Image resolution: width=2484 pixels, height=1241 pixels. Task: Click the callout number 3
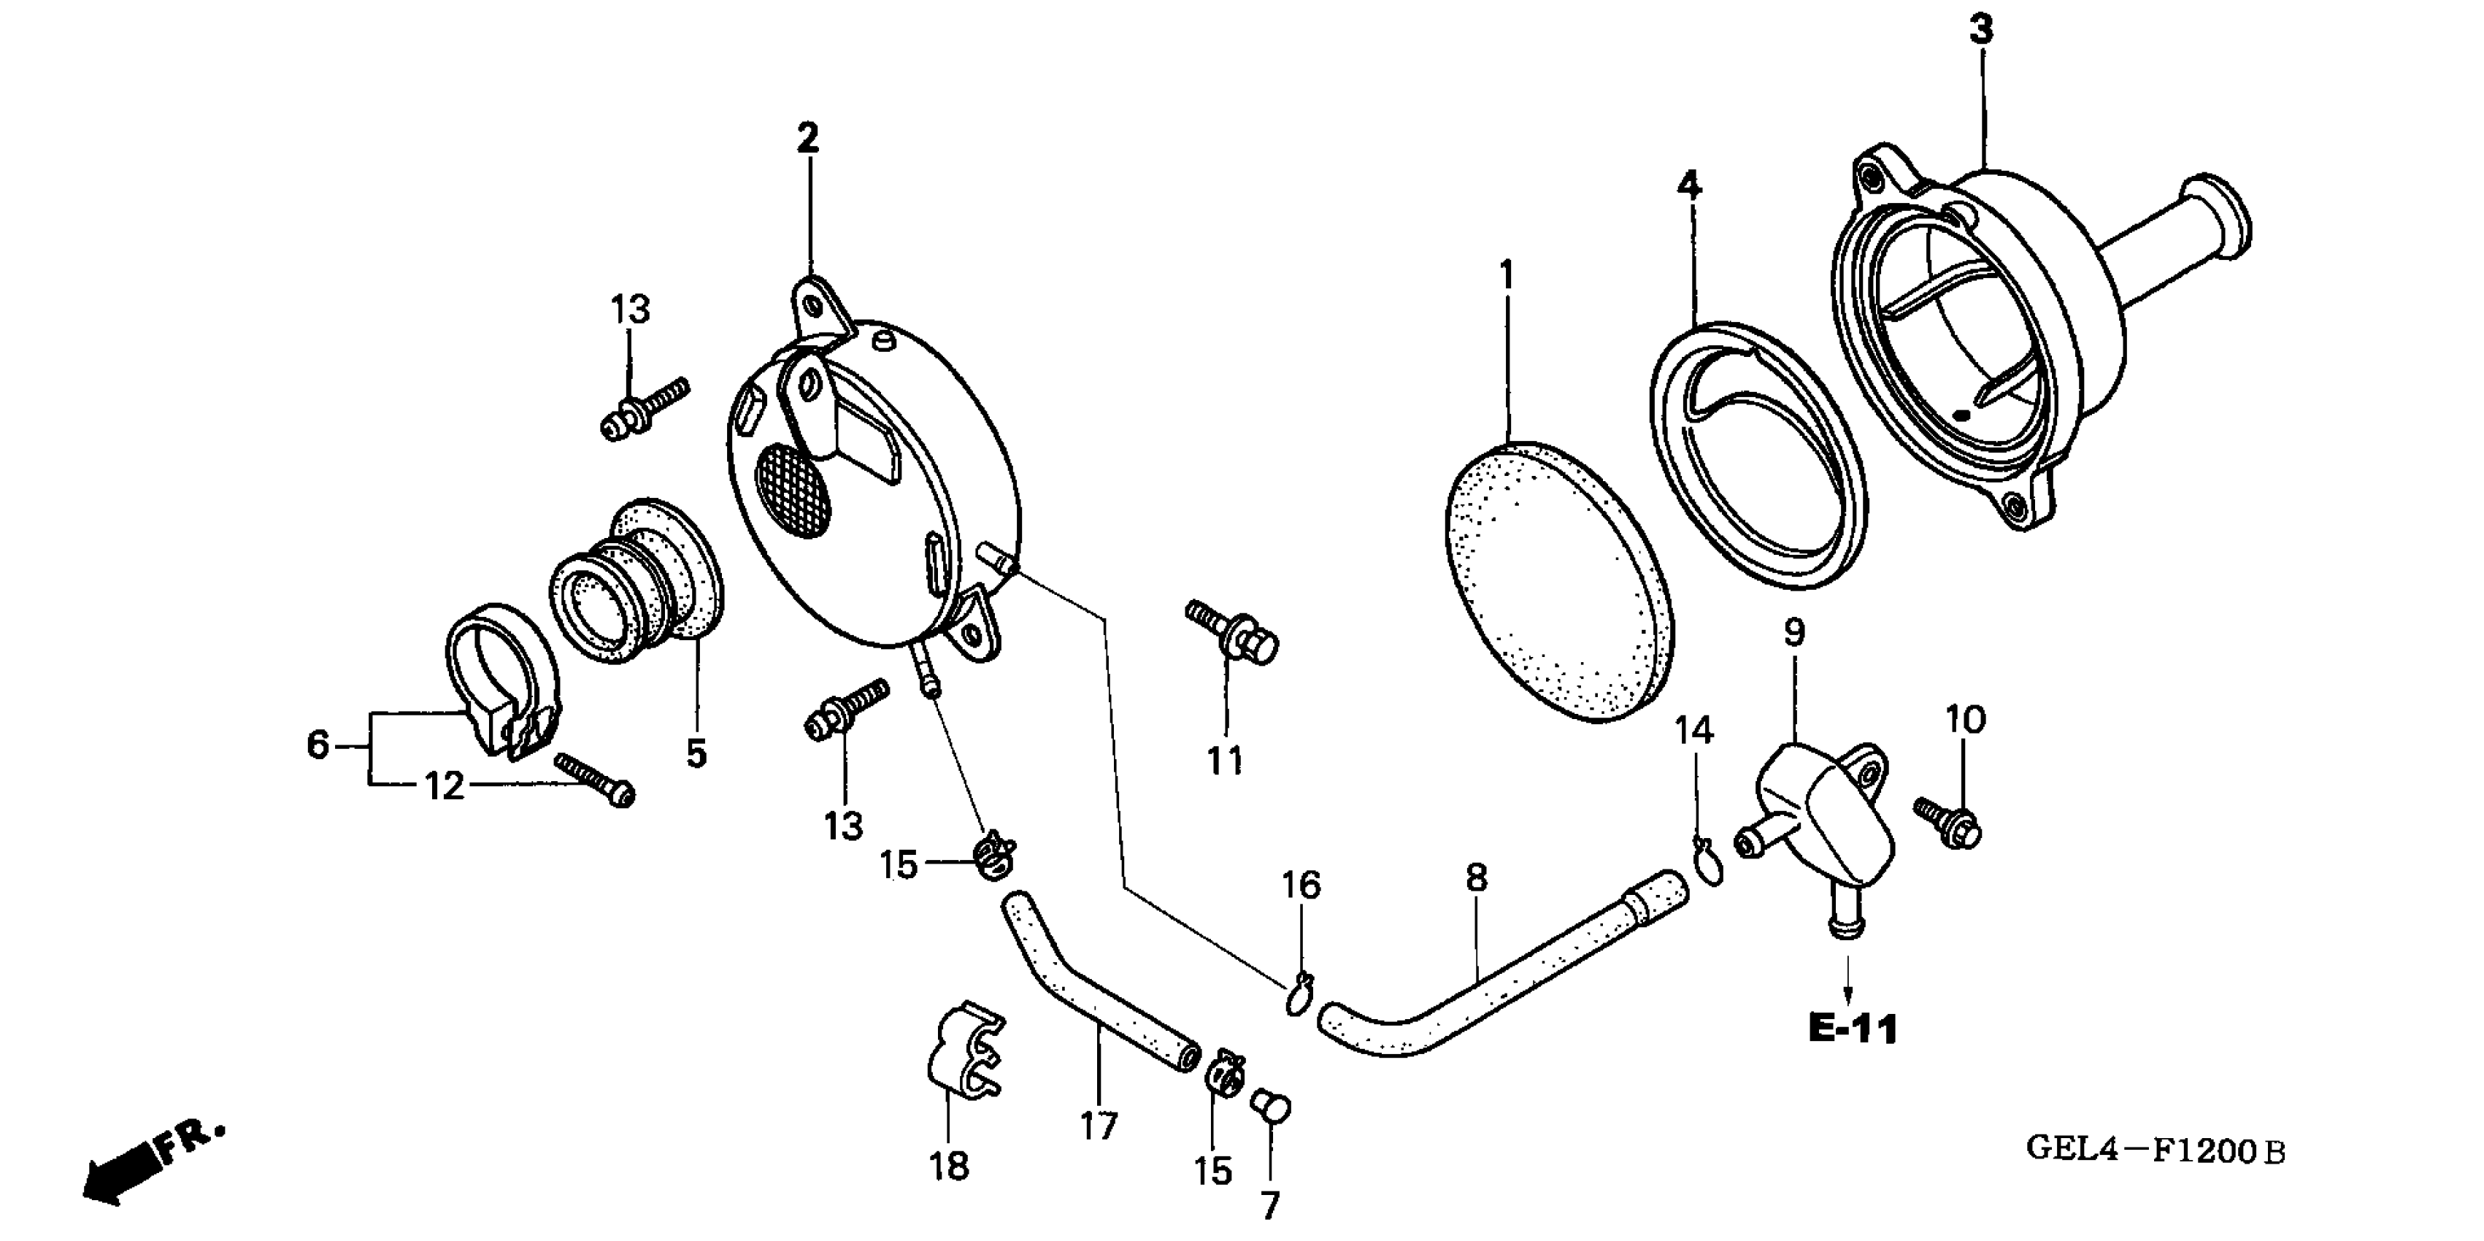coord(1980,31)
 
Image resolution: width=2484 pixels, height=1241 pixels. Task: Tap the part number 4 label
coord(1688,184)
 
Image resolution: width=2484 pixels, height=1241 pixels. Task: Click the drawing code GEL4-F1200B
coord(2156,1150)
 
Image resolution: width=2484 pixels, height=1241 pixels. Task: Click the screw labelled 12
coord(596,779)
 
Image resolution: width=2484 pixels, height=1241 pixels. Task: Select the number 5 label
coord(696,753)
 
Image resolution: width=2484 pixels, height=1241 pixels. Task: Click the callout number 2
coord(807,139)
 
